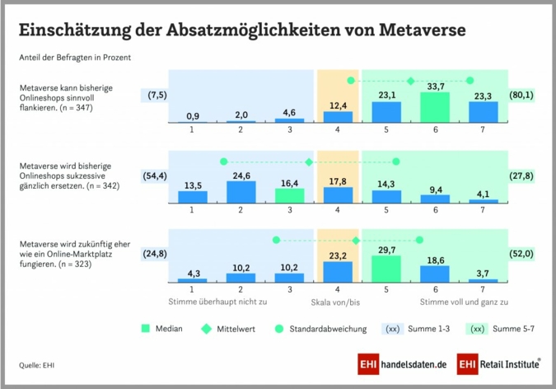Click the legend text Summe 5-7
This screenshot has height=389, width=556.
pyautogui.click(x=515, y=329)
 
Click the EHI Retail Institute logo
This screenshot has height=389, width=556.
pyautogui.click(x=499, y=364)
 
